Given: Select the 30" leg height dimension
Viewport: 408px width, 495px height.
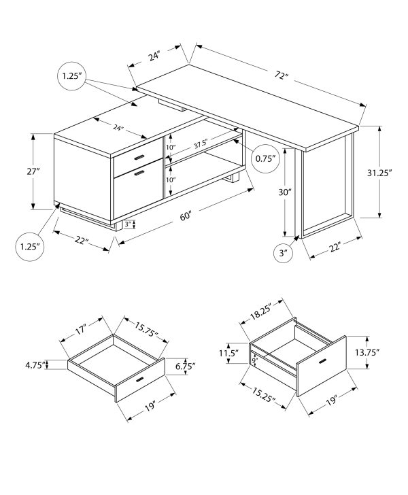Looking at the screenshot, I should coord(286,192).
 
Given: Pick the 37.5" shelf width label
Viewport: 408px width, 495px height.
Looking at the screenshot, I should coord(201,144).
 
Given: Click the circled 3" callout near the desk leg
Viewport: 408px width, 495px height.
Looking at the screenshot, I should coord(283,254).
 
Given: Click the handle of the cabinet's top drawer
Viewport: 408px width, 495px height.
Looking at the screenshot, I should coord(140,157).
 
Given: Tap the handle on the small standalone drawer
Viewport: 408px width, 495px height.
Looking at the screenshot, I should coord(141,379).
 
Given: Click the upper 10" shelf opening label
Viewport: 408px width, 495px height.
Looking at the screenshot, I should coord(170,148).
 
